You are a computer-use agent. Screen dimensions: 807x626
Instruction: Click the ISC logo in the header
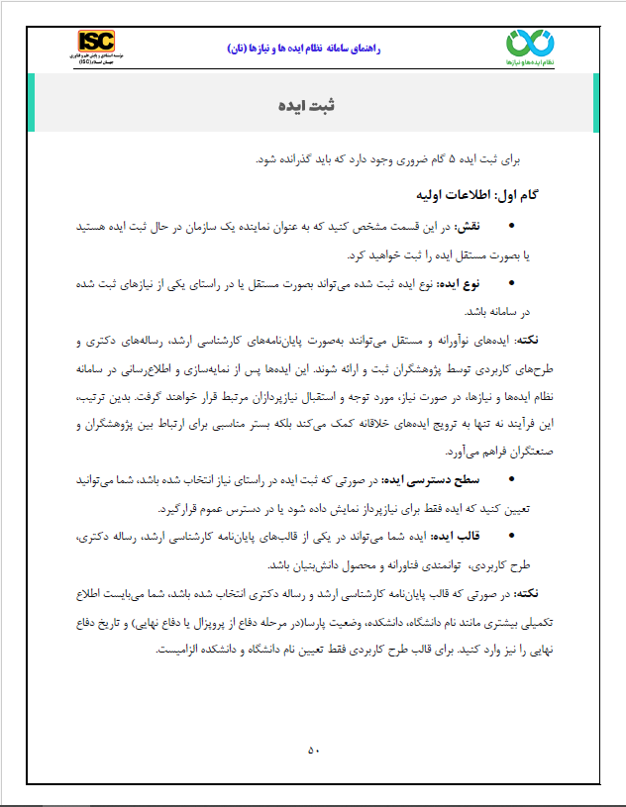tap(98, 43)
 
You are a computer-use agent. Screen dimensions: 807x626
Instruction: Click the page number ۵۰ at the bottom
tap(313, 750)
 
